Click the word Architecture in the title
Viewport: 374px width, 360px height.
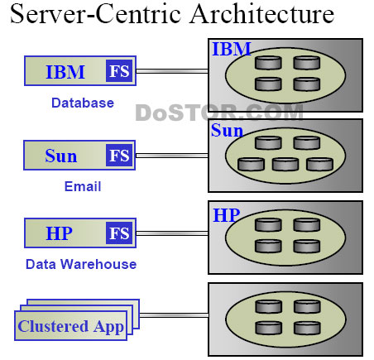[x=262, y=14]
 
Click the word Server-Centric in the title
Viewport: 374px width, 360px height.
[x=95, y=14]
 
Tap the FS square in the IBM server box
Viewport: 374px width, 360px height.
[x=119, y=70]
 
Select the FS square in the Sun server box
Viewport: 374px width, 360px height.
[x=119, y=155]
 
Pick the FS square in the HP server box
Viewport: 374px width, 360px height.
[x=119, y=233]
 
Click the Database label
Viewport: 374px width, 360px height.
[x=83, y=103]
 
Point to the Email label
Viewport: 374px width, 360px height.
[x=83, y=186]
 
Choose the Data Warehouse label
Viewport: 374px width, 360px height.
[x=81, y=264]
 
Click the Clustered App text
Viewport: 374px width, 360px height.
[x=70, y=327]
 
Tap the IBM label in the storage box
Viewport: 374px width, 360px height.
[x=232, y=49]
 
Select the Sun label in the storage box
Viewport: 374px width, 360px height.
[x=227, y=130]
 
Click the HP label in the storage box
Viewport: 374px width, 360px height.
[x=227, y=215]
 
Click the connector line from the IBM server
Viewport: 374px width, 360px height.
[x=172, y=71]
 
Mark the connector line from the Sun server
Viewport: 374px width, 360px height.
[x=172, y=156]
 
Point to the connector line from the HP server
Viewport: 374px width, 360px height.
[x=172, y=233]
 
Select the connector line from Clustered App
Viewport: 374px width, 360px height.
[x=174, y=315]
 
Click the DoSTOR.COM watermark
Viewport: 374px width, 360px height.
[x=219, y=113]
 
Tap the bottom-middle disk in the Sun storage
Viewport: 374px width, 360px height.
[x=285, y=165]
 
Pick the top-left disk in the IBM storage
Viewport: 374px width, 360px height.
[x=268, y=63]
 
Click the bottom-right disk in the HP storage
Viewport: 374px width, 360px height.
[x=307, y=247]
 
